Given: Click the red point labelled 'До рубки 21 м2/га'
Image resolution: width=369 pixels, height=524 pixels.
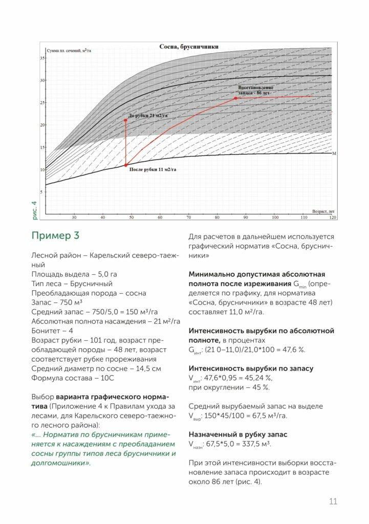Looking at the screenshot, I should [126, 120].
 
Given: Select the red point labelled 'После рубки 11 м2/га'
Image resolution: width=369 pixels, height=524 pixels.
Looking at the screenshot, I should [126, 165].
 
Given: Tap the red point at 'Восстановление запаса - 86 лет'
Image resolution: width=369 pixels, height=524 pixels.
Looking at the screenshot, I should [235, 98].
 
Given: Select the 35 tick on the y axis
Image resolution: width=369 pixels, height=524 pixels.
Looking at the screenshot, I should [42, 58].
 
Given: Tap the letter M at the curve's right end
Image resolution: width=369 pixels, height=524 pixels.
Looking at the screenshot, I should [334, 154].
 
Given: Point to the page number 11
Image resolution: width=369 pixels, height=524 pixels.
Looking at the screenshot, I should [333, 501].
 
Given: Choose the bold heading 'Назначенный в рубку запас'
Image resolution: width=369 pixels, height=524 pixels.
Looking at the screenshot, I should [237, 434].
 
